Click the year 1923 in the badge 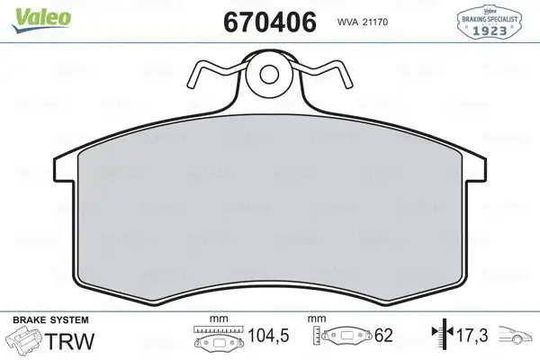point(493,31)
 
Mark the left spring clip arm point(217,72)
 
